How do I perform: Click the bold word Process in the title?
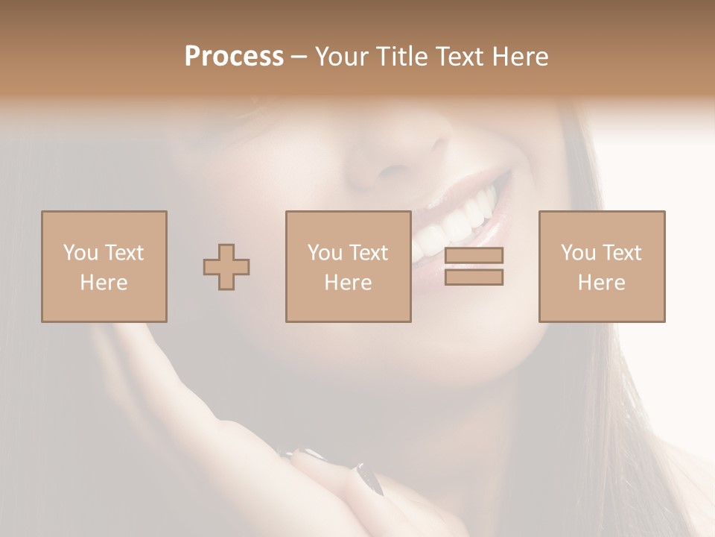[x=234, y=57]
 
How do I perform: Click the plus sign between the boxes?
[x=226, y=267]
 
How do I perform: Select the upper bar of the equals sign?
[x=474, y=255]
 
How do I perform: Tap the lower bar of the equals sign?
[x=474, y=277]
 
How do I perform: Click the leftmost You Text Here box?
[x=104, y=266]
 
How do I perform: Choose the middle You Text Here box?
[x=348, y=266]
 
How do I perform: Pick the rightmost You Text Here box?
[x=602, y=266]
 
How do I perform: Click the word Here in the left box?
[x=104, y=283]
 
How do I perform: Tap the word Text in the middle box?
[x=369, y=253]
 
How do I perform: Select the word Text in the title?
[x=459, y=57]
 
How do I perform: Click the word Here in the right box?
[x=601, y=283]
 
